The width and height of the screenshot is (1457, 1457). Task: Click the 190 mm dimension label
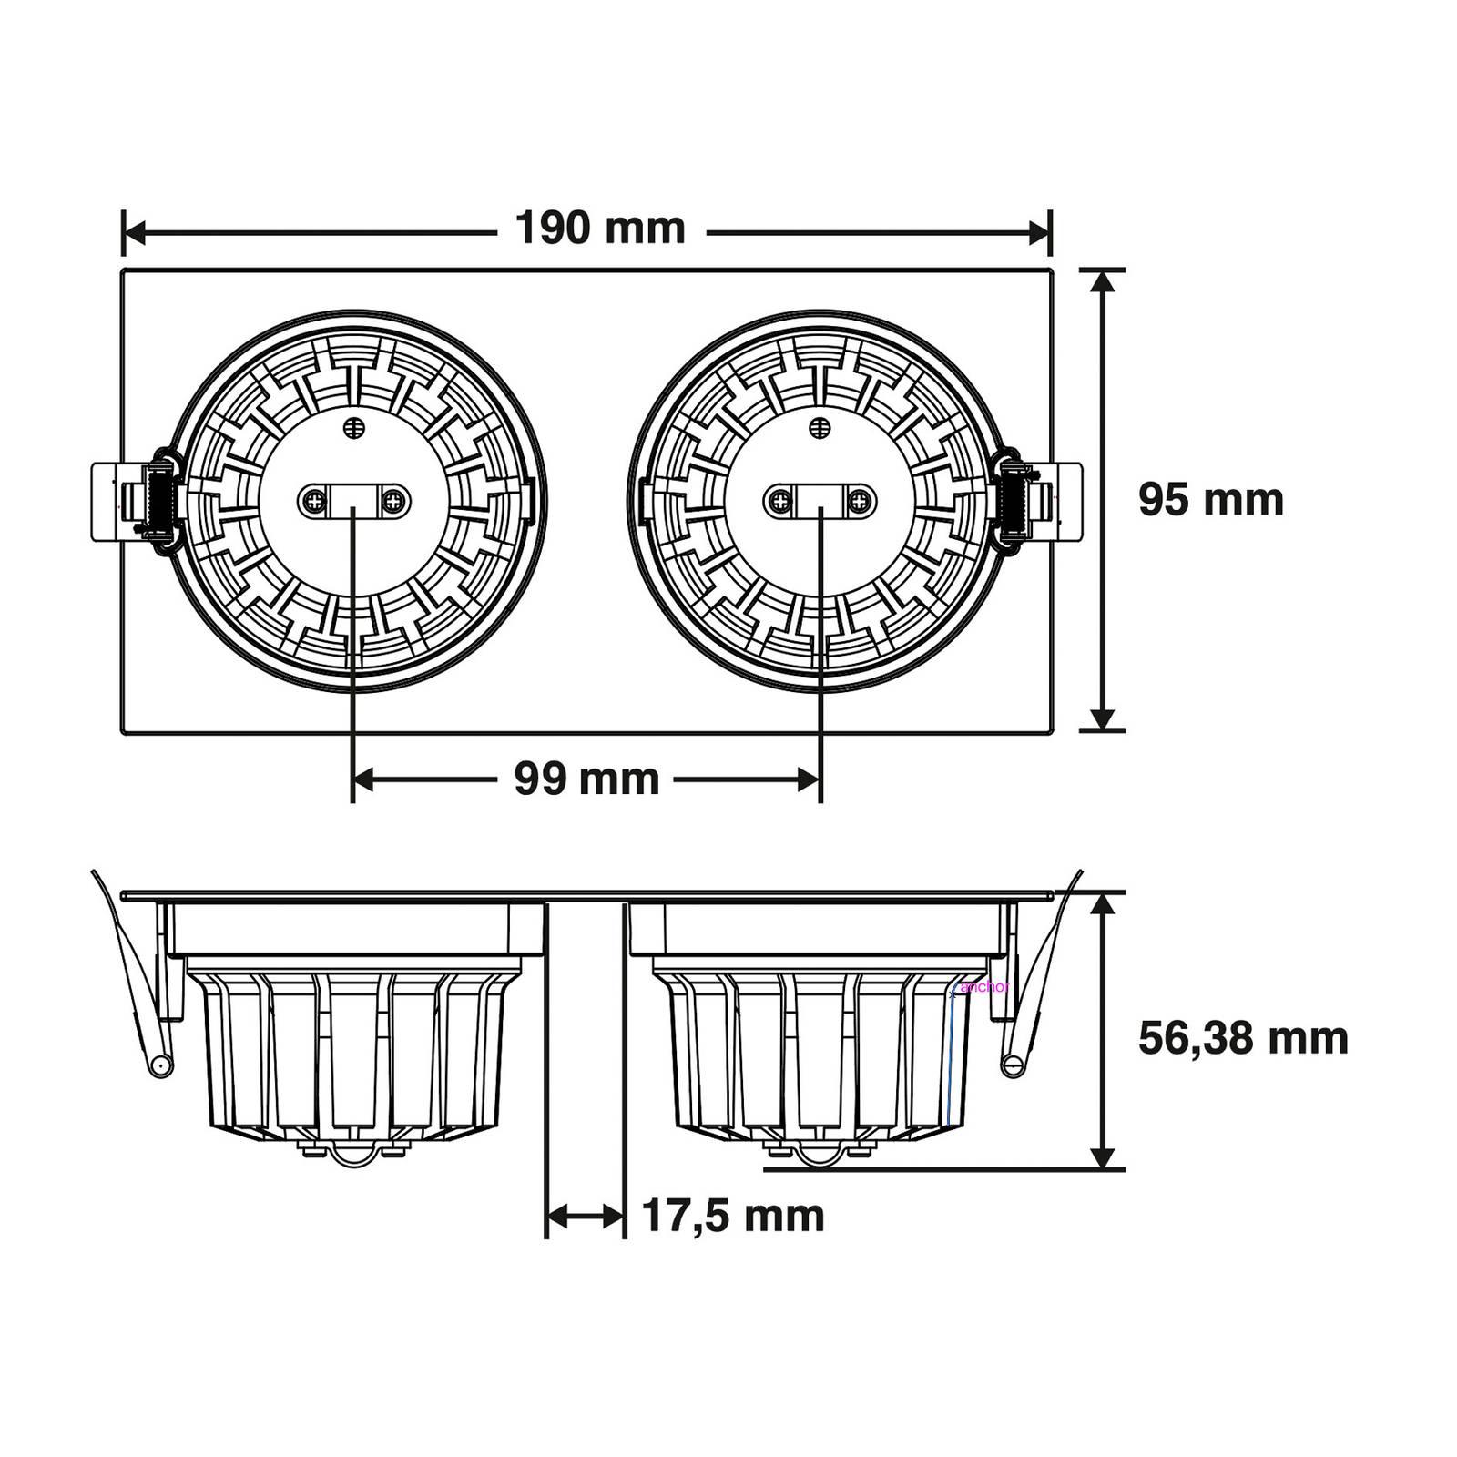[600, 229]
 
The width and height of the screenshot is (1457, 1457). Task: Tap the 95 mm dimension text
[1210, 500]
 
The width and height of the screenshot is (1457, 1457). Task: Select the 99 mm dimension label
[586, 779]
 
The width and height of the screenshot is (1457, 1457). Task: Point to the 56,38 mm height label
[1243, 1038]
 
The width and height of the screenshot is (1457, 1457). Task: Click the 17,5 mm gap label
[733, 1216]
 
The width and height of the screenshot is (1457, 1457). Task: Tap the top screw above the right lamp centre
[820, 427]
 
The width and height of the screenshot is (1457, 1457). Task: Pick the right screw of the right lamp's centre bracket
[860, 500]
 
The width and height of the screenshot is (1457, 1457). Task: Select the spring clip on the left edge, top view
[137, 500]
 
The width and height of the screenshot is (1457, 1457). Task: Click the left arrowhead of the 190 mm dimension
[133, 233]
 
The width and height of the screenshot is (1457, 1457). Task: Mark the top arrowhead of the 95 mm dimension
[1102, 280]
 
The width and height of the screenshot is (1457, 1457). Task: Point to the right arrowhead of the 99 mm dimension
[810, 779]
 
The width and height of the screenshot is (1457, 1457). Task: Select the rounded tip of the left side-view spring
[160, 1065]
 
